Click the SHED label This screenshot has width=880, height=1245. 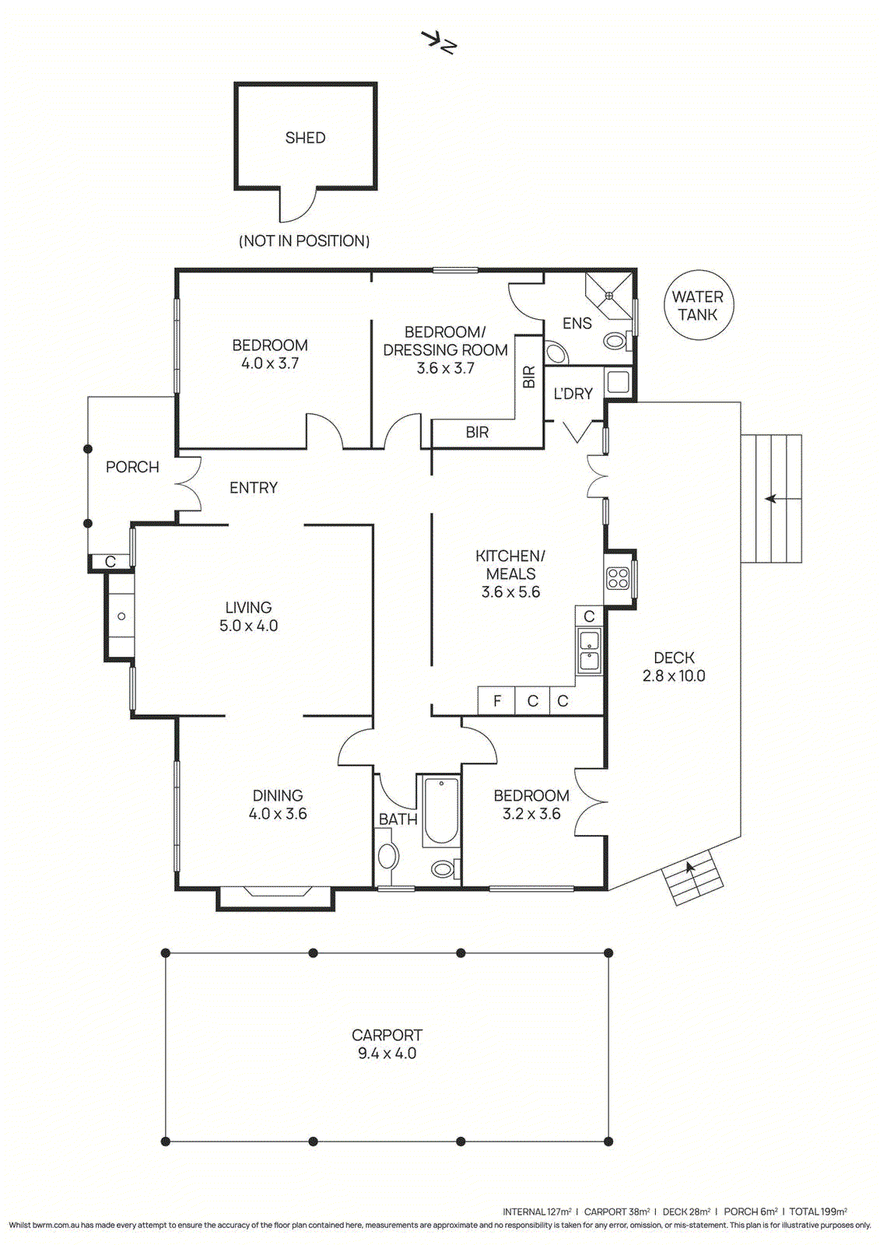305,138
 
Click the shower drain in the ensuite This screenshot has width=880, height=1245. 609,295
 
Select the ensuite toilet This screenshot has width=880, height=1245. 617,340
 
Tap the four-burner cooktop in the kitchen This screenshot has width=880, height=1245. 618,577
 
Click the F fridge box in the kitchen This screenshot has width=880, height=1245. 496,701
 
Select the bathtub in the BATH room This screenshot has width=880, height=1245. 441,812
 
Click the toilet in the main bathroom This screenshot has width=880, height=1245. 445,868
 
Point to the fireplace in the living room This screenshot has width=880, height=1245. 121,615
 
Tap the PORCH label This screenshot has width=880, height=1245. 132,467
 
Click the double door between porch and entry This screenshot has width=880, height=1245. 188,483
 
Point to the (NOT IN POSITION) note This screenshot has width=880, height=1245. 304,240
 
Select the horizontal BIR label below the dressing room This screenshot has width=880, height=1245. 477,432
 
